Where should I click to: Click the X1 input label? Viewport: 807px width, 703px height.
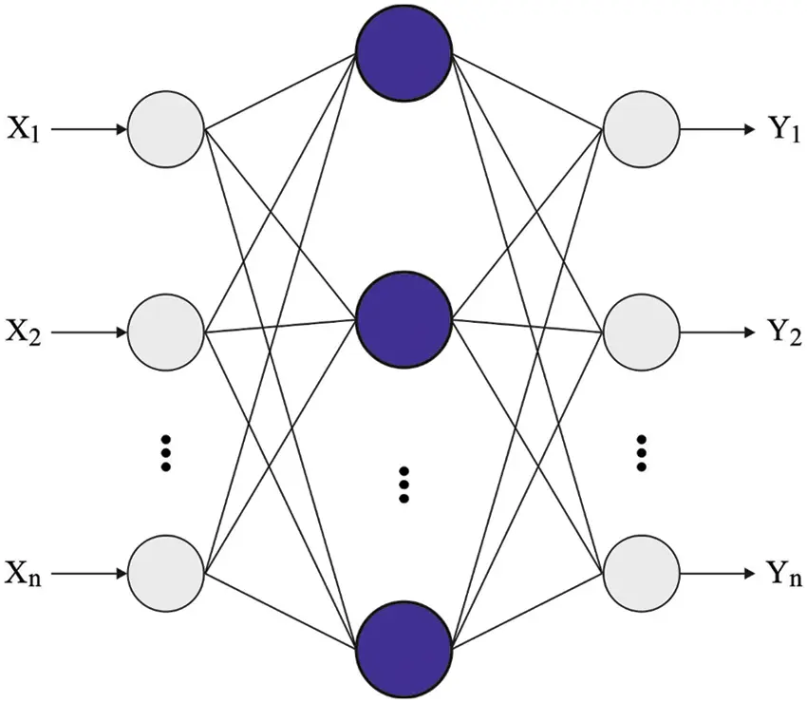(24, 129)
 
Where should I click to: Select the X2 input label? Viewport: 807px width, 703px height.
(24, 333)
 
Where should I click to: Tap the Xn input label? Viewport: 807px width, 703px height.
(24, 574)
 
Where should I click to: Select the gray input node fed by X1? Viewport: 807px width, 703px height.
(166, 128)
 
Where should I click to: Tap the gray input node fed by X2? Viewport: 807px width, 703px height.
(166, 332)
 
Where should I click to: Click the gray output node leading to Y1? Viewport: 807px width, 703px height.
(642, 128)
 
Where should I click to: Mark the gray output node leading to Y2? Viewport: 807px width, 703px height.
(642, 332)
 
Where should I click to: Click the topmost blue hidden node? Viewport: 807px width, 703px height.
(403, 52)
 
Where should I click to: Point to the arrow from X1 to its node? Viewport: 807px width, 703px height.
(89, 128)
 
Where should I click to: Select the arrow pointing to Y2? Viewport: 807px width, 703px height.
(718, 332)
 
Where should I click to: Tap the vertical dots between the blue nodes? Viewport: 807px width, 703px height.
(403, 484)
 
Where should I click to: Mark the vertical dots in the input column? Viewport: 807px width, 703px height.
(166, 453)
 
